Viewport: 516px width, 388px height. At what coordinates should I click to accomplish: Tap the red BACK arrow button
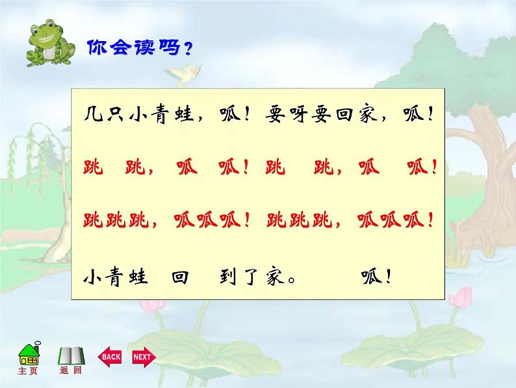[x=110, y=356]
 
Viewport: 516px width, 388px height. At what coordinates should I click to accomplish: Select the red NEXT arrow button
[x=142, y=356]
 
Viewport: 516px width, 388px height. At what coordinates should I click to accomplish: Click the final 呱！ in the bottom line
[x=376, y=278]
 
